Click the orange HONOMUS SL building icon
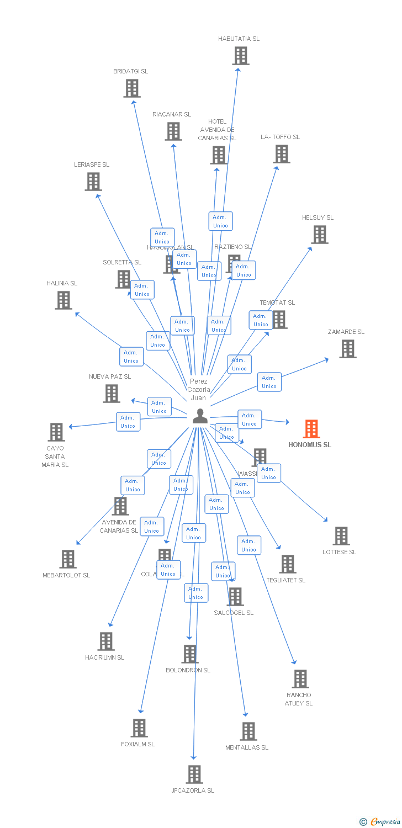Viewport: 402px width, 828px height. click(x=311, y=429)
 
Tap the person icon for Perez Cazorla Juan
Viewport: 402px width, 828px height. click(x=200, y=416)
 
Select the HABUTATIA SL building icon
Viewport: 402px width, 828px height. click(x=240, y=56)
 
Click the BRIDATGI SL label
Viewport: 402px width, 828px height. click(x=130, y=71)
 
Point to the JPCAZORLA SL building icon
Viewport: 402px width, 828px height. click(x=194, y=774)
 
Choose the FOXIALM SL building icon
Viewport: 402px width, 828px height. click(x=139, y=728)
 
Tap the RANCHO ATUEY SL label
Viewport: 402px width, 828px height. click(x=299, y=699)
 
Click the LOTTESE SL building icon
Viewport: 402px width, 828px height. click(x=341, y=536)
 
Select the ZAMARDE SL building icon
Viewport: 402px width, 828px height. click(x=347, y=349)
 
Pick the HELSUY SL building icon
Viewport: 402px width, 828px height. click(x=319, y=235)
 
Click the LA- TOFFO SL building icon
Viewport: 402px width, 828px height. click(x=281, y=154)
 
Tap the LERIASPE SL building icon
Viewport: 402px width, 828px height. click(x=93, y=182)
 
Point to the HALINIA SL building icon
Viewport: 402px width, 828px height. click(x=64, y=300)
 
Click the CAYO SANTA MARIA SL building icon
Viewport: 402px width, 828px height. click(x=56, y=432)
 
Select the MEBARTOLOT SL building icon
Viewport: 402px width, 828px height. click(x=67, y=559)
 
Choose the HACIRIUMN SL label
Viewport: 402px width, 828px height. click(x=105, y=657)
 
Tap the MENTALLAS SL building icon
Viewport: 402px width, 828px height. click(x=248, y=731)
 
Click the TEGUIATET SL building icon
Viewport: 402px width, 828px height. click(x=287, y=564)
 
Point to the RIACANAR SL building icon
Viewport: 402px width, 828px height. click(x=173, y=131)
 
